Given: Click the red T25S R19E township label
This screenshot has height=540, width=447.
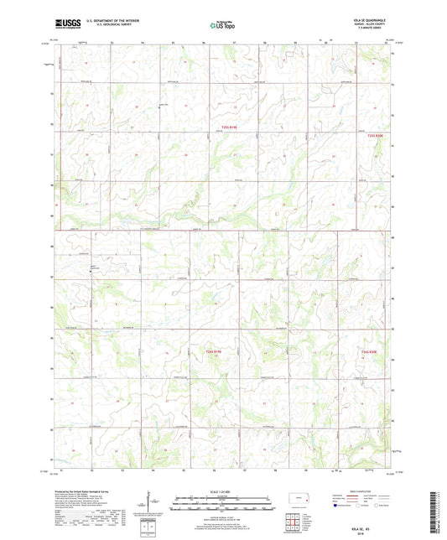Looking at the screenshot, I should tap(219, 128).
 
